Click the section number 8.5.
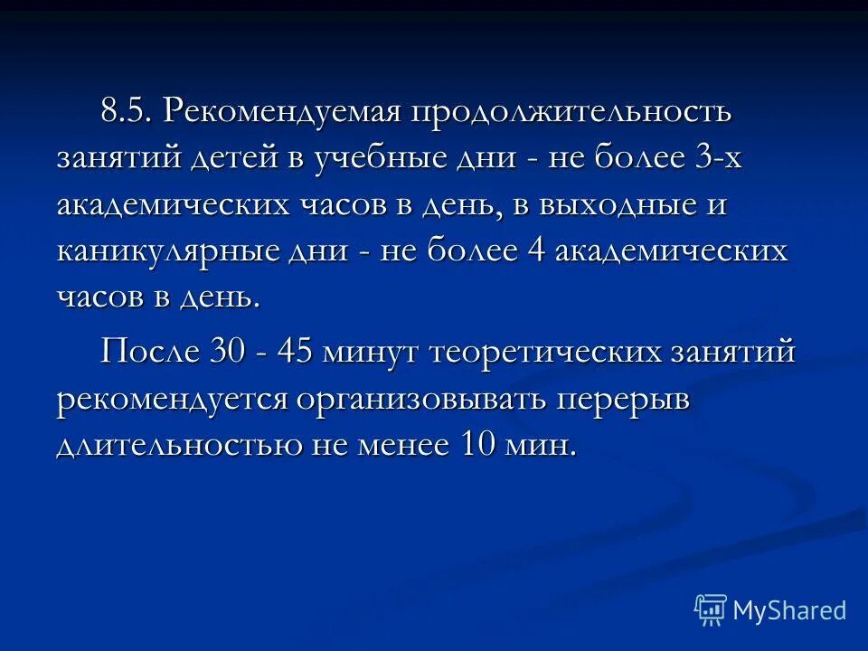point(127,113)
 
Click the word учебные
point(384,159)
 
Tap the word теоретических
point(553,350)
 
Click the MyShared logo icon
point(711,609)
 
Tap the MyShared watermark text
point(788,610)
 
